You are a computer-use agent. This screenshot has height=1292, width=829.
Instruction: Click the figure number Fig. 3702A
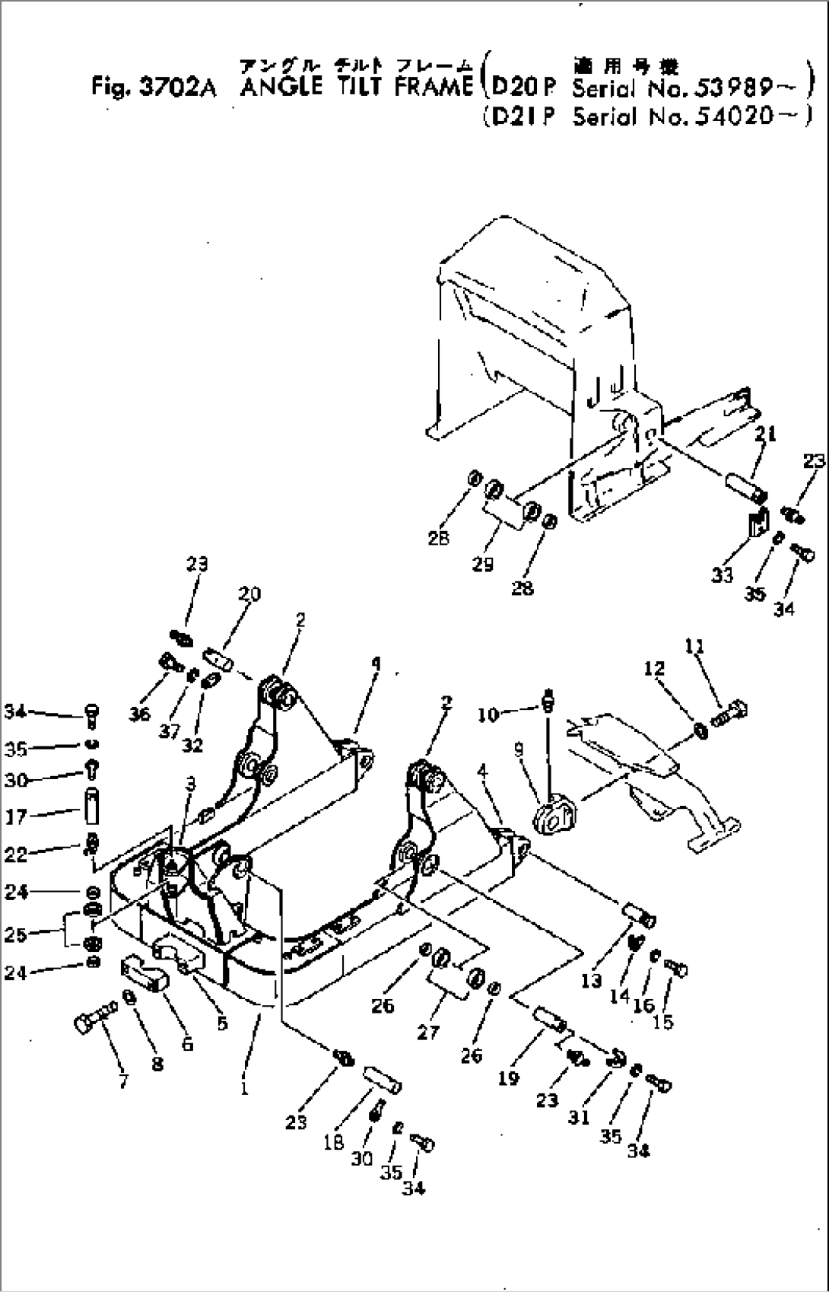point(153,88)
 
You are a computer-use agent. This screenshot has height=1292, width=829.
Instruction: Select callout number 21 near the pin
point(766,434)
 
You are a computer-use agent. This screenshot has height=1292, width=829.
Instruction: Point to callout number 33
point(721,574)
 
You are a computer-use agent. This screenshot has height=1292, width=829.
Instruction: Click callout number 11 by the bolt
point(694,647)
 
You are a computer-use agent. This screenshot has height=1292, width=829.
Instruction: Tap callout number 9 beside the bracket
point(519,750)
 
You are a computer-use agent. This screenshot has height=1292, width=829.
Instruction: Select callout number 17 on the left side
point(15,816)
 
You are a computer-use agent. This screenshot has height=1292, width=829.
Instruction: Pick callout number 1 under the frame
point(244,1088)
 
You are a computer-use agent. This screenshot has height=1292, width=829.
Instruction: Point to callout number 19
point(508,1077)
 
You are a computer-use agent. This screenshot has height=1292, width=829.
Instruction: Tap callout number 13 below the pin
point(591,981)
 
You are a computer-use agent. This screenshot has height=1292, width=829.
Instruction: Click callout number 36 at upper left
point(139,714)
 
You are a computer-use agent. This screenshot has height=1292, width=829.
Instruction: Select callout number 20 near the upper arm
point(249,594)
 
